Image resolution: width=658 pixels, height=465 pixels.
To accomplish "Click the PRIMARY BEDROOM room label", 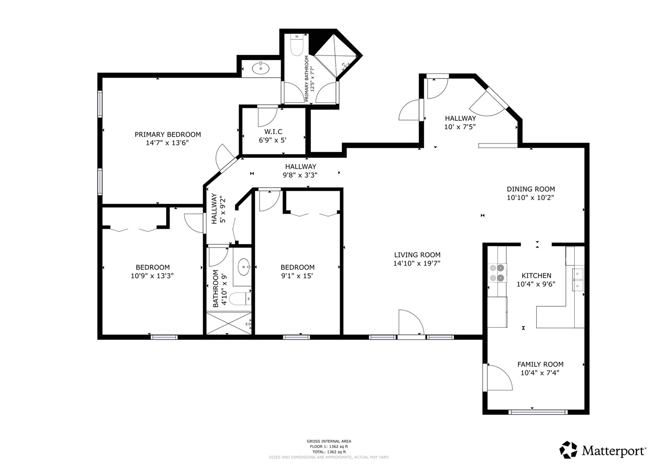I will point(168,135).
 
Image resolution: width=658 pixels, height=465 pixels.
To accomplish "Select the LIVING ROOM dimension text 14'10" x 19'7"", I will point(417,264).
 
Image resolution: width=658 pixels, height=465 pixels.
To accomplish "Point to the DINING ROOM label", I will point(531,189).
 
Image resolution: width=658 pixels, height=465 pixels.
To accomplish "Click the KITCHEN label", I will point(536,276).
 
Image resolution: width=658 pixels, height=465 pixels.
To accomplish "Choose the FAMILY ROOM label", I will point(540,364).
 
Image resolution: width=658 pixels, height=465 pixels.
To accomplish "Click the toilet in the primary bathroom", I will point(297,45).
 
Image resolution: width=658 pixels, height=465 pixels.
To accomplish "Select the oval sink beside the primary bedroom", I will point(262,68).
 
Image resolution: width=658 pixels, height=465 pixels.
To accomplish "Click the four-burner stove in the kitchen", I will point(497,273).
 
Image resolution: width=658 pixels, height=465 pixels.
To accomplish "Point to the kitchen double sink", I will point(578,278).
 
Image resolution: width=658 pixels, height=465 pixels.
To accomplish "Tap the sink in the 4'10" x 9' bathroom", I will point(244,267).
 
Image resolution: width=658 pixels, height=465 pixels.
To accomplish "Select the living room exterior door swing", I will point(411,324).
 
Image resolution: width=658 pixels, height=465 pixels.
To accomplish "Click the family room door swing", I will point(499,379).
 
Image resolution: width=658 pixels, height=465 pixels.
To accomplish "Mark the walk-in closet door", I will point(267,116).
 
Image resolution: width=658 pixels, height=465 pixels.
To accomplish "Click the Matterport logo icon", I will point(568,450).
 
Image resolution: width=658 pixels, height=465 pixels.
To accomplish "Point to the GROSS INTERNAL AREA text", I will point(329,441).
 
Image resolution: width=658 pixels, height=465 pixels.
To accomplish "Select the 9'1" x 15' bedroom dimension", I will point(297,275).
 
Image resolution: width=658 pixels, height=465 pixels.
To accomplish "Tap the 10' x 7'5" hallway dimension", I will point(460,126).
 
